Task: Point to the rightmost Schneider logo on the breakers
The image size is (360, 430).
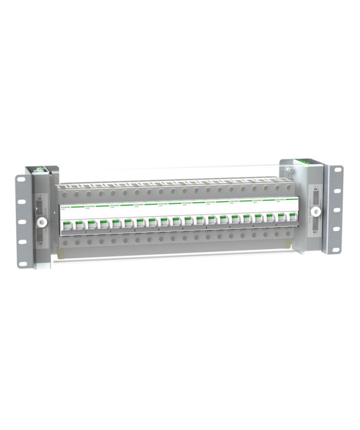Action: pos(281,198)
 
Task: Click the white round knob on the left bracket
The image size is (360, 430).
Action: pos(40,222)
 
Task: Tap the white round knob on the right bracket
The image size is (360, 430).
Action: pos(316,211)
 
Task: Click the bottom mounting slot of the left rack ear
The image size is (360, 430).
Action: pos(23,263)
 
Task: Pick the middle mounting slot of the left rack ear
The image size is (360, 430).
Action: pos(23,221)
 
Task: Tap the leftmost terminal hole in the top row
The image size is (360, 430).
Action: pos(65,192)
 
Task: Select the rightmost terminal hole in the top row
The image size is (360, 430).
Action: pos(291,188)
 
